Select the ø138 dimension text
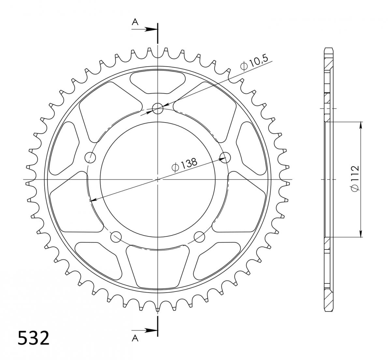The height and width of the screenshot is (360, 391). click(x=184, y=165)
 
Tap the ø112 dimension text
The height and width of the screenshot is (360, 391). click(x=355, y=179)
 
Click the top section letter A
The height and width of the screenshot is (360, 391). click(x=135, y=22)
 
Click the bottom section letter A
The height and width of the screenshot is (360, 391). click(x=135, y=338)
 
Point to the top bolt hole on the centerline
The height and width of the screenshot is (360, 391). click(x=157, y=109)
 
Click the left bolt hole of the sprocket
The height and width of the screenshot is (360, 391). click(x=90, y=157)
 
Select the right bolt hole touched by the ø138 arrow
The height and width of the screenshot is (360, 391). click(x=225, y=157)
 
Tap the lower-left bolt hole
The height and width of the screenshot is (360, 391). click(x=116, y=237)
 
